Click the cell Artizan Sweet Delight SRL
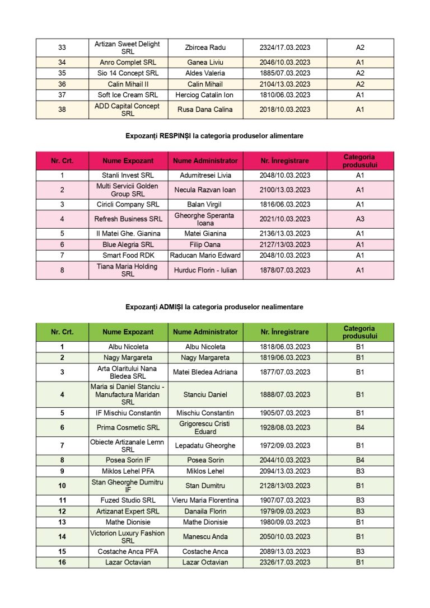(128, 48)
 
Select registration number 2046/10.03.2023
(284, 62)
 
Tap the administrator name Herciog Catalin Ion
(205, 95)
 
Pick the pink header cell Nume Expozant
(128, 161)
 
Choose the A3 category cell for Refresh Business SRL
(360, 219)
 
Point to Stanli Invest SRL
(128, 175)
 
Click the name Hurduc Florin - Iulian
(205, 270)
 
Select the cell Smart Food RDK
(128, 255)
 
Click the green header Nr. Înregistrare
(284, 332)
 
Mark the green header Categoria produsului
(360, 332)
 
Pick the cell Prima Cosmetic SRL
(128, 427)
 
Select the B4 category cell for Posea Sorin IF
(360, 460)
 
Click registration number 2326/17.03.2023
(284, 562)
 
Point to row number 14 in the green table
(62, 537)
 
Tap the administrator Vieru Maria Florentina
(205, 500)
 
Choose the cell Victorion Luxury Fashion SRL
(128, 537)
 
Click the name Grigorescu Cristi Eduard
(205, 427)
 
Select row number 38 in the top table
(62, 110)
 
